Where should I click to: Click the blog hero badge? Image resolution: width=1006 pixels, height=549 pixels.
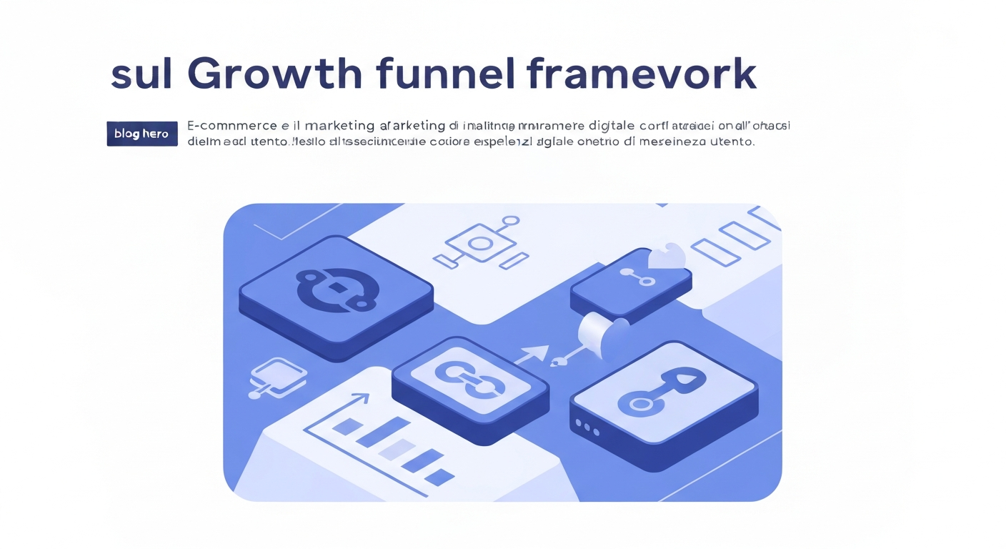[x=141, y=134]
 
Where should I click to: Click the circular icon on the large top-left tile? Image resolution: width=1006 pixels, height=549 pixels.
[x=336, y=290]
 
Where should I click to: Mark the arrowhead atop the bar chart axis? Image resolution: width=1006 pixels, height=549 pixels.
[x=362, y=397]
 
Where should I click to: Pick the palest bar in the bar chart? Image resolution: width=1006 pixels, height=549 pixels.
[x=396, y=449]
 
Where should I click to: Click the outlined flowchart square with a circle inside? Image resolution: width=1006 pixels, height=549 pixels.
[x=480, y=243]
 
